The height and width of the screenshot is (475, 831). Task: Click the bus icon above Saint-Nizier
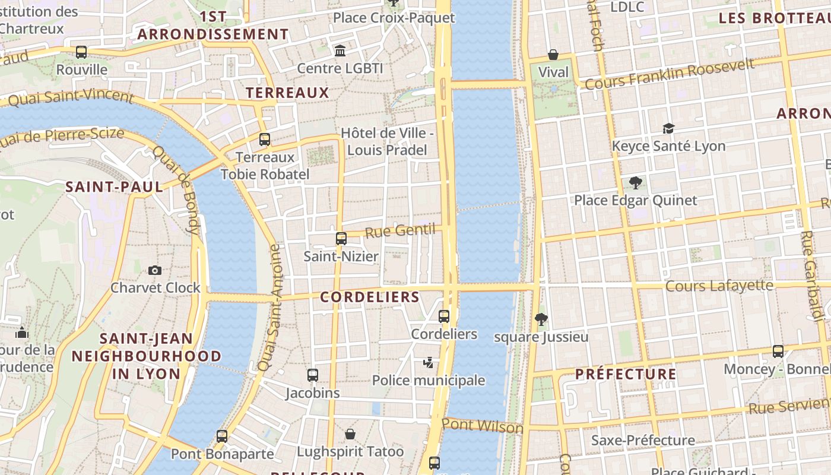click(x=341, y=239)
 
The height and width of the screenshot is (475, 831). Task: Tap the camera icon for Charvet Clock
click(x=155, y=270)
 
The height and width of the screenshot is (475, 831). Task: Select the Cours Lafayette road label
click(x=719, y=286)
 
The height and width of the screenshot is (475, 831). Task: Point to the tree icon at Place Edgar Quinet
click(x=635, y=182)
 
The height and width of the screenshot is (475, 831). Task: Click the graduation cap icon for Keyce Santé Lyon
click(x=669, y=128)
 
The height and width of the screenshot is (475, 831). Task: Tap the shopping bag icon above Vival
click(x=553, y=55)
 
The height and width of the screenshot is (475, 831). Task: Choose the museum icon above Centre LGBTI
click(x=340, y=50)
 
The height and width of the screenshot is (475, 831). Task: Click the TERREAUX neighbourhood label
click(x=287, y=93)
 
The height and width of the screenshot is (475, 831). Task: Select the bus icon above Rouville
click(x=81, y=52)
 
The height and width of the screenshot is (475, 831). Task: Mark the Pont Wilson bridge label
click(x=482, y=426)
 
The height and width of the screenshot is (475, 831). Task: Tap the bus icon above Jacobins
click(x=313, y=375)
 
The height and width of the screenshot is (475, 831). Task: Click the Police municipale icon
click(x=428, y=362)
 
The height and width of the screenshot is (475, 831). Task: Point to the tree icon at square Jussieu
click(x=541, y=319)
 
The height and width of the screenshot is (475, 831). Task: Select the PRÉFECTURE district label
click(x=626, y=374)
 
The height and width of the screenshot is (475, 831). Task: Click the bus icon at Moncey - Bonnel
click(x=778, y=351)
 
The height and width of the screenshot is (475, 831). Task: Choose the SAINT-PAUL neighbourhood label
click(x=114, y=187)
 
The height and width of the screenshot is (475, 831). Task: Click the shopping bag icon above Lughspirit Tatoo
click(x=350, y=433)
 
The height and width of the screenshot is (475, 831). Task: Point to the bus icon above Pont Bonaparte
click(x=222, y=436)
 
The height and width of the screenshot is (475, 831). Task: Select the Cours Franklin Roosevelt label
click(x=669, y=74)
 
